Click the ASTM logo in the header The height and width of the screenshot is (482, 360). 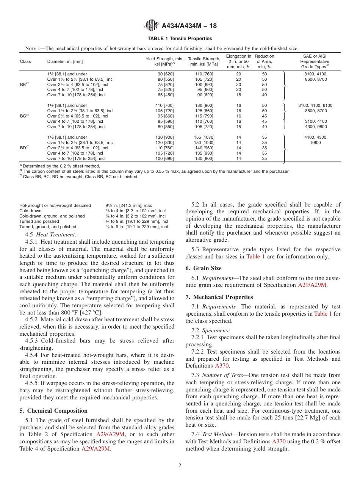tap(152, 26)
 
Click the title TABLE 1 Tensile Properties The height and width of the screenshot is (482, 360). tap(180, 39)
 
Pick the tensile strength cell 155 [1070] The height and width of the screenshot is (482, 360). tap(204, 137)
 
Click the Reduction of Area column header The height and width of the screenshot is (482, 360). tap(264, 61)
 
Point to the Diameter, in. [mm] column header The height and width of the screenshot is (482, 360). tap(65, 61)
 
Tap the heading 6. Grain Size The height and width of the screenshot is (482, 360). tap(203, 268)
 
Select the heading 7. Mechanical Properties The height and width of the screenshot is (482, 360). tap(219, 297)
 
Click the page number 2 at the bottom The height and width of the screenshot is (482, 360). tap(180, 466)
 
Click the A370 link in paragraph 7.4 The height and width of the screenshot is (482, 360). tap(279, 441)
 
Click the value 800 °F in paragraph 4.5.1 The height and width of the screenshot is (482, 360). tap(100, 313)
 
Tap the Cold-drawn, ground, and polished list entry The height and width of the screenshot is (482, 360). tap(52, 216)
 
